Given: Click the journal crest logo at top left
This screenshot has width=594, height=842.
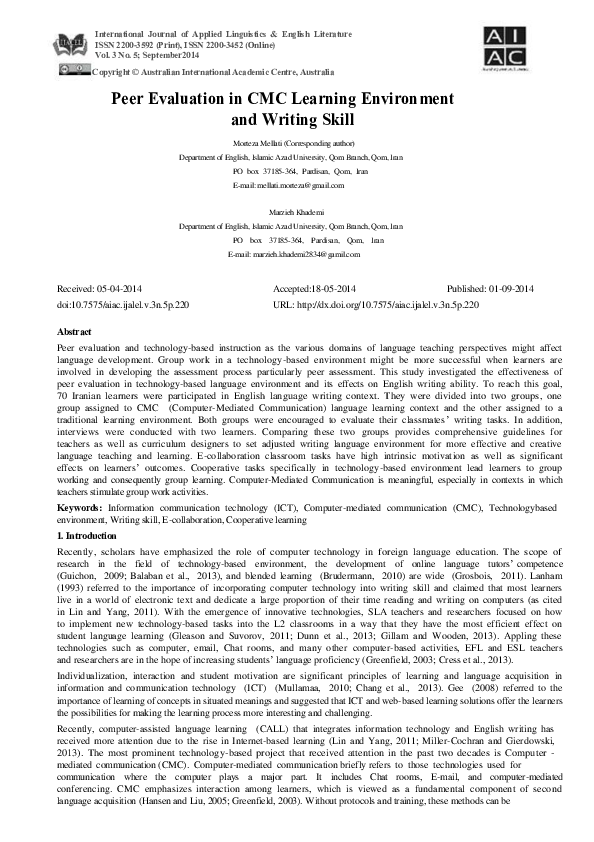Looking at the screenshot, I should click(x=73, y=43).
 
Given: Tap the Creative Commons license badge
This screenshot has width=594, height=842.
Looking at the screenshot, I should click(x=73, y=69).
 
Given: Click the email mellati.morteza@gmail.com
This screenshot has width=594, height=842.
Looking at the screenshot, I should click(x=299, y=185).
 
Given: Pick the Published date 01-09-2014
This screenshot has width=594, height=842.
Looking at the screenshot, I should click(x=511, y=288).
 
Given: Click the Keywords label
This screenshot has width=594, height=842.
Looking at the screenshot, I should click(x=82, y=508).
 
